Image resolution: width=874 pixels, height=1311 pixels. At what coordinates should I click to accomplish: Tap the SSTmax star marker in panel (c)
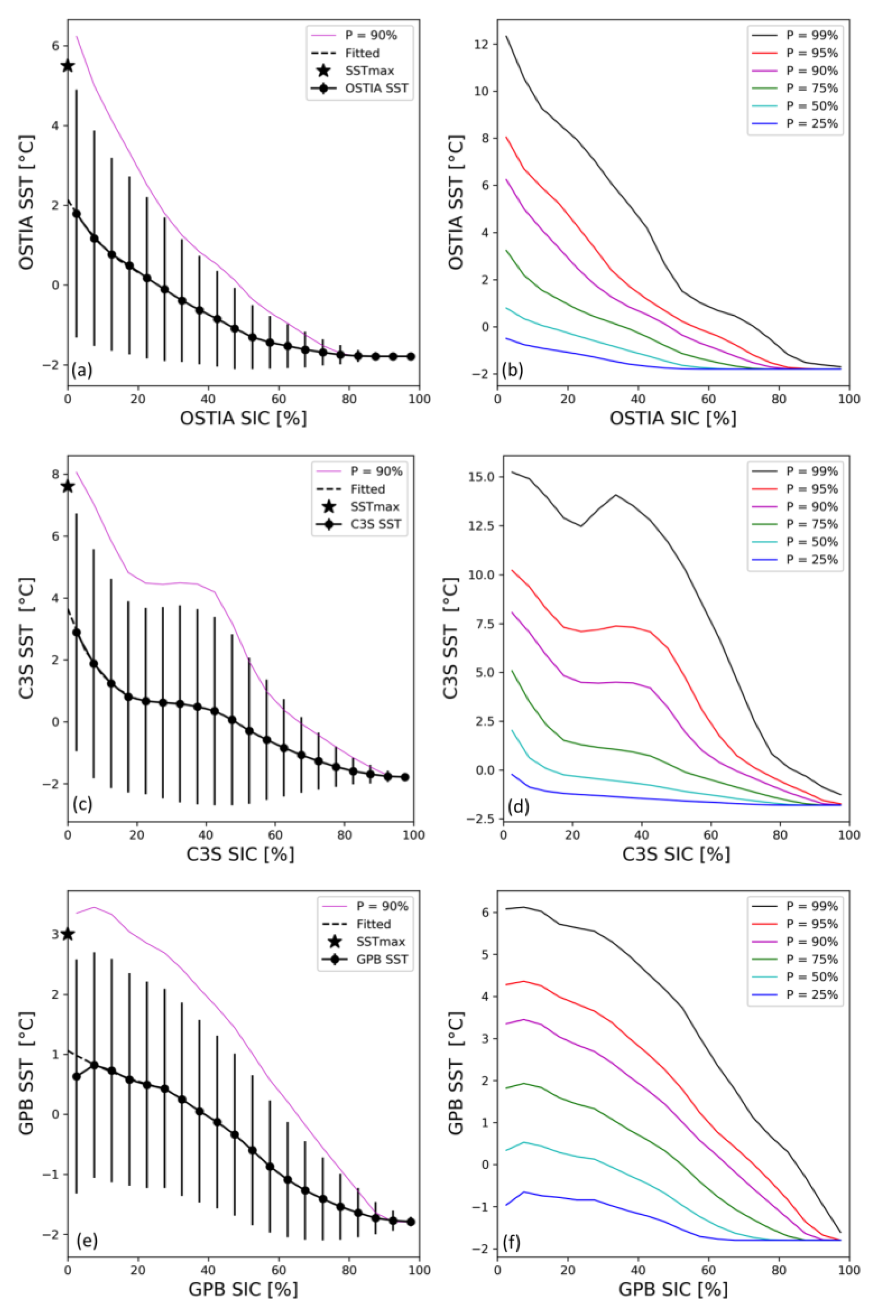[68, 486]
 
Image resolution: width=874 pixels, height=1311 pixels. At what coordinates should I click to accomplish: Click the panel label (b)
[512, 370]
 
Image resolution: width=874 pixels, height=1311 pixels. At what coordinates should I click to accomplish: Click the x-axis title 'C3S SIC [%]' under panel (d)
[676, 853]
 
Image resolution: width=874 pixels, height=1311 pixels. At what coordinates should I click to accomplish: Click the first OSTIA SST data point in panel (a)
[77, 214]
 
